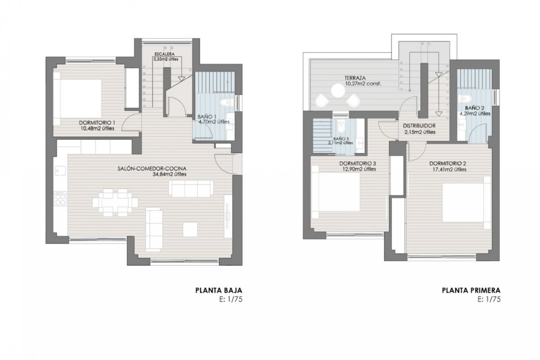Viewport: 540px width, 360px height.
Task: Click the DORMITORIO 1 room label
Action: (x=98, y=122)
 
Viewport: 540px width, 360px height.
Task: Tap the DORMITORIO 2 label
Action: (x=447, y=163)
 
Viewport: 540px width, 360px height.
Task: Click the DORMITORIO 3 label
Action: (x=357, y=163)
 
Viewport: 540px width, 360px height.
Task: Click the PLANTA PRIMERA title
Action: (x=471, y=290)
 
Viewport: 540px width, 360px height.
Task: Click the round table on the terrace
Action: (x=338, y=91)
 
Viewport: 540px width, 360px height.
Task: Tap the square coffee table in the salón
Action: (x=189, y=229)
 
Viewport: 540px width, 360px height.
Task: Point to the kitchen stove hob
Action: (x=60, y=198)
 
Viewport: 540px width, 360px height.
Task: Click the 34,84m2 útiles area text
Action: (x=170, y=174)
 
